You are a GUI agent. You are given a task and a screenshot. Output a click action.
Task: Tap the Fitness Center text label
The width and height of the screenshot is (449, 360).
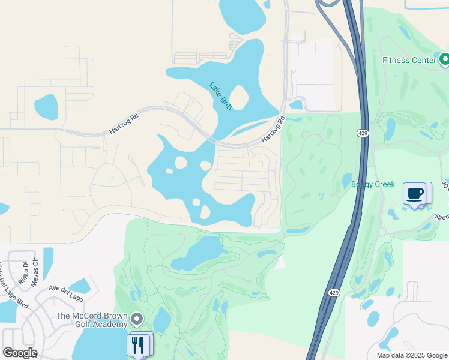[x=410, y=60]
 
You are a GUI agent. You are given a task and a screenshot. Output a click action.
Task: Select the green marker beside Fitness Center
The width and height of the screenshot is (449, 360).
[x=444, y=59]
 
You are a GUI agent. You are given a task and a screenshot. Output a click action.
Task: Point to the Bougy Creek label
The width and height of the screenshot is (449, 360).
[x=373, y=184]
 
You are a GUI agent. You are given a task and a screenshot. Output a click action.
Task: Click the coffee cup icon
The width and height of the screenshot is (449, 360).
[x=414, y=193]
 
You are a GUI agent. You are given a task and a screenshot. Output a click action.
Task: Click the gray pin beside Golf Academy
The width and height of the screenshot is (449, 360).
[x=137, y=319]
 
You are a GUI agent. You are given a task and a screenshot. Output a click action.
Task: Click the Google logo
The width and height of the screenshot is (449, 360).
[x=20, y=353]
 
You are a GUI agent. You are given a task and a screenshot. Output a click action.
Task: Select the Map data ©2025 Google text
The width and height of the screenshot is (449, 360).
[x=412, y=355]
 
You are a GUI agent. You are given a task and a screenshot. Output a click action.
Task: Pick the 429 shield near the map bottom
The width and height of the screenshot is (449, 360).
[x=334, y=293]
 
